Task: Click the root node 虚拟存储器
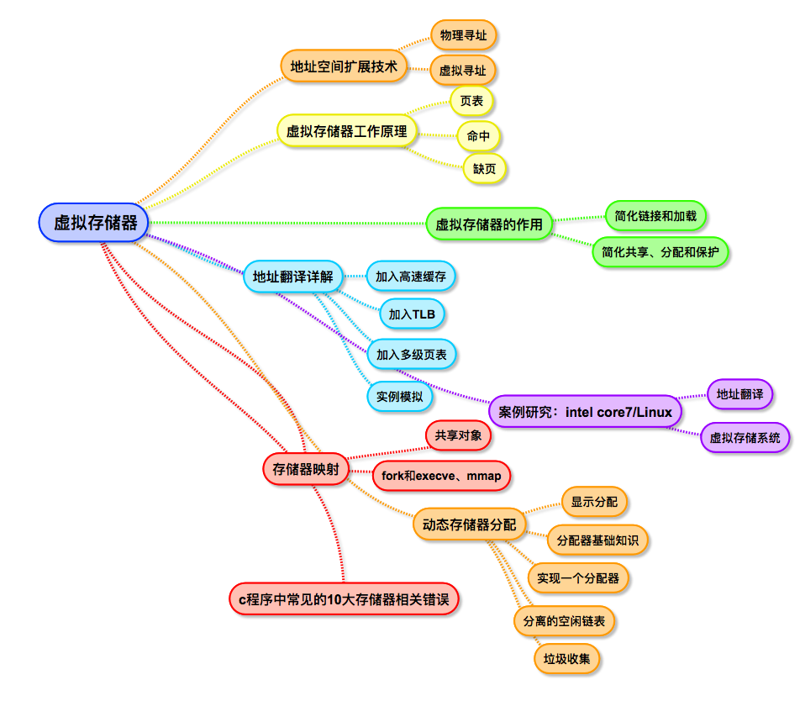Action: pos(94,223)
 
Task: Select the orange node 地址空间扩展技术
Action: pos(344,66)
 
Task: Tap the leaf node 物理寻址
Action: pos(463,35)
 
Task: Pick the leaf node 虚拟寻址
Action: pos(463,71)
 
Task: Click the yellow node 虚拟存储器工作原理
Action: pos(347,131)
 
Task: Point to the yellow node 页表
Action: pos(471,101)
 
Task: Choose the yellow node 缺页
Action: pos(485,168)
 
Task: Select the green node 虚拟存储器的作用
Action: pos(488,224)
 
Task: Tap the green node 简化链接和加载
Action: pos(655,216)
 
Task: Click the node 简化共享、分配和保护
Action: pos(660,251)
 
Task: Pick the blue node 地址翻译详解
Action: pos(293,276)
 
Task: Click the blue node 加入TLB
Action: pos(412,314)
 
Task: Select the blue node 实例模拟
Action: pos(399,396)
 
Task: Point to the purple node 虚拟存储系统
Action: pos(744,437)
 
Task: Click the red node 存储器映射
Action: pos(306,469)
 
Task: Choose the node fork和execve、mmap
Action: pos(441,476)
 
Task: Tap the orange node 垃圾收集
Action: pos(566,658)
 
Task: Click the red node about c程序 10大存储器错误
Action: pos(345,599)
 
